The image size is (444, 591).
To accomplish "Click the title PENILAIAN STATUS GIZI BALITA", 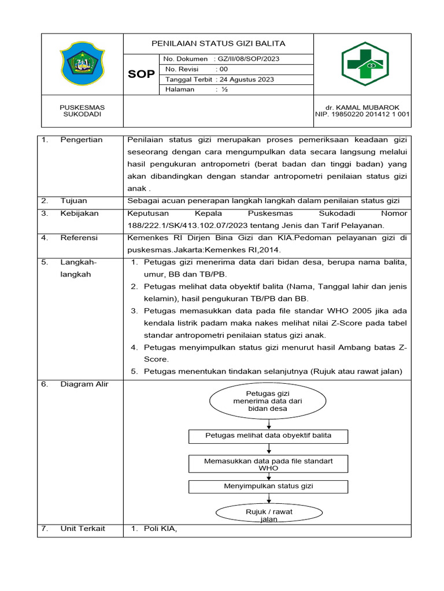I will point(218,44).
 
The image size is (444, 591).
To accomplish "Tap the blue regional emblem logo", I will point(83,64).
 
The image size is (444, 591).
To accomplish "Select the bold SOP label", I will point(141,74).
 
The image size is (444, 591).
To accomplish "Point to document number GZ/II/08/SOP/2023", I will point(249,59).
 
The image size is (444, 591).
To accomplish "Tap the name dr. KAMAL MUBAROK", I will point(362,107).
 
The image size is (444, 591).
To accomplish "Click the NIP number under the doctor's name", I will point(362,114).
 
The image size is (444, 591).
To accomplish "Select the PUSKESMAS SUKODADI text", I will point(83,111).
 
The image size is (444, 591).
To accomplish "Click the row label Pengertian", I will point(81,140).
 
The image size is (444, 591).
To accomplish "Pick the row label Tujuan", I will point(73,200).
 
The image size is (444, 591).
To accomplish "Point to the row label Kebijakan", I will point(79,214).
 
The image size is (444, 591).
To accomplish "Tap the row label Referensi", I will point(79,238).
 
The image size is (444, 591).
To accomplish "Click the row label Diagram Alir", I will point(84,384).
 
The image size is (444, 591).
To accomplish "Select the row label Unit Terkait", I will point(83,529).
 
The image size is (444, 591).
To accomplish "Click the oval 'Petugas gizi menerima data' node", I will point(268,401).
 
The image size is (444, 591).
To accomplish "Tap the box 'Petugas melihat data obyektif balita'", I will point(268,436).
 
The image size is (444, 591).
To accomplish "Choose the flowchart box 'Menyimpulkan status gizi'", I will point(268,487).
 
